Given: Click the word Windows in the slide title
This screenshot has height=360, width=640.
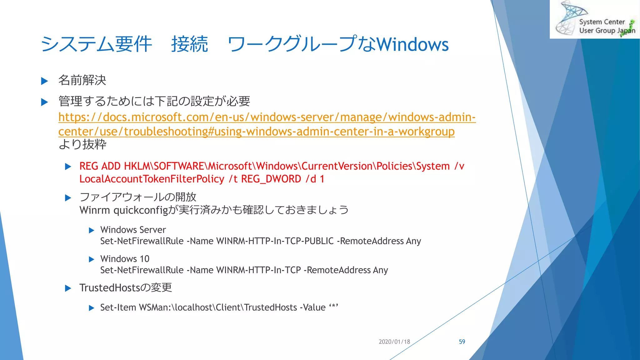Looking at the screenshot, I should pos(412,44).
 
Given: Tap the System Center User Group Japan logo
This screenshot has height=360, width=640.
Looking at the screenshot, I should pos(595,19).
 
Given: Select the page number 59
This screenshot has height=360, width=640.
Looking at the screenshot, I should pos(462,342).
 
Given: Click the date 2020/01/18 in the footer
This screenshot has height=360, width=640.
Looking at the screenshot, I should pos(394,342).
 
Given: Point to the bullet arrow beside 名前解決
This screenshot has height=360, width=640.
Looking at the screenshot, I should pos(45,81).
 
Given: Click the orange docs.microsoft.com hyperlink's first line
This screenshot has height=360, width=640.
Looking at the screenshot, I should pos(267,117).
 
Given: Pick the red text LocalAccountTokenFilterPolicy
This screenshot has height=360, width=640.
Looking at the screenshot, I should pos(152,179).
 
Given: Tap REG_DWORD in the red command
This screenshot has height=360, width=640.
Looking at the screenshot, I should pos(271,179).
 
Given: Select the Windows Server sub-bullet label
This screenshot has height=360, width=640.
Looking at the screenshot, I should pos(133,230).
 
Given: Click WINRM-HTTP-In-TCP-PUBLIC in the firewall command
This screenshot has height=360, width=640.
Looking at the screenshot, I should pos(275,241).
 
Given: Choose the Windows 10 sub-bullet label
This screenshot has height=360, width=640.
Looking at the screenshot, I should pos(125,259).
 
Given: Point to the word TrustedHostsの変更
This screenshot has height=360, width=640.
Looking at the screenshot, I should pos(126,287).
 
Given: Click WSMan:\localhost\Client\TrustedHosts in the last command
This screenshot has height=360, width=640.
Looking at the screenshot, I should pos(218,307).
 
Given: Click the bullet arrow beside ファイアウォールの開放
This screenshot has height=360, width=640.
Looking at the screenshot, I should pos(68,198).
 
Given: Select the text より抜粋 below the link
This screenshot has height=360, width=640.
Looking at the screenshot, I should pos(82,144).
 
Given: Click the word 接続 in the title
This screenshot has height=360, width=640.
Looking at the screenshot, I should pos(189,44).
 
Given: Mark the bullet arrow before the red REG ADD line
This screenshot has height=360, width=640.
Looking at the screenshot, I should pos(68,167).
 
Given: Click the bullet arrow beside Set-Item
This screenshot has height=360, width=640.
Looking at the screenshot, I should pos(92,308).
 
